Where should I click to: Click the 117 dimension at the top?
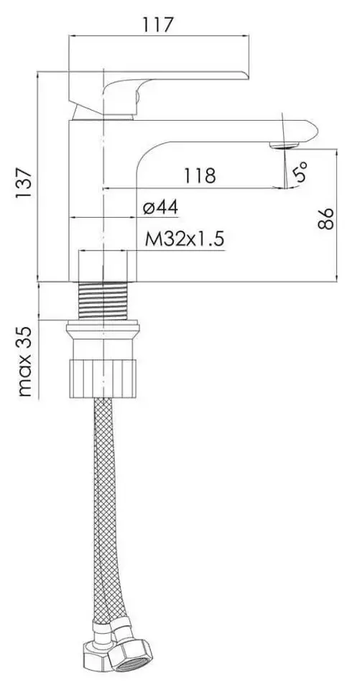pos(158,24)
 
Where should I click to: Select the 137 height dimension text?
pos(24,182)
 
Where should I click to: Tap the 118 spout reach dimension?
pos(200,175)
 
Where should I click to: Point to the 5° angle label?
pos(300,172)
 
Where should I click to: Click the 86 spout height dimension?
pos(326,218)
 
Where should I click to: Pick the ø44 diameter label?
pos(161,207)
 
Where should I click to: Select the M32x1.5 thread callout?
pos(185,240)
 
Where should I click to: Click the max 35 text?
pos(24,362)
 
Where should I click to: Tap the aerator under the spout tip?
pos(285,144)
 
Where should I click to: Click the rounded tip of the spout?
pos(313,130)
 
